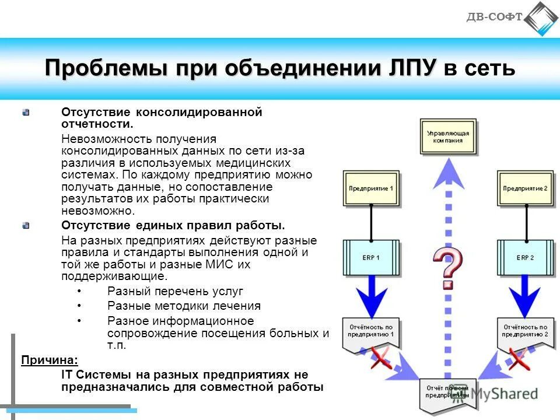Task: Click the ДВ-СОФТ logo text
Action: [494, 17]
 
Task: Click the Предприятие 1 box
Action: [371, 189]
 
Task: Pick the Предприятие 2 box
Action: [525, 189]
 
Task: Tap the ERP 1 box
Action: [371, 257]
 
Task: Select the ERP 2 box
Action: [525, 257]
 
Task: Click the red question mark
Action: [447, 268]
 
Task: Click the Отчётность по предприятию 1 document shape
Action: [371, 334]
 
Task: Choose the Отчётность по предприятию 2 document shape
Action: [525, 334]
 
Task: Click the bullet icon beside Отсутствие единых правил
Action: [26, 225]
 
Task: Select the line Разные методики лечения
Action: [184, 306]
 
